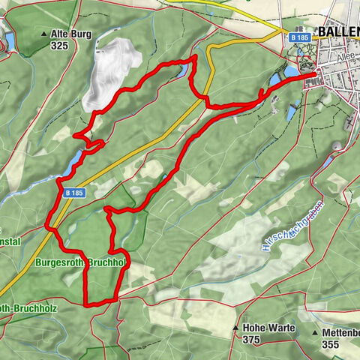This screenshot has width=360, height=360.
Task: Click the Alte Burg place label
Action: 73,34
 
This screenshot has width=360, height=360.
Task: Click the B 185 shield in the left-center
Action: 74,193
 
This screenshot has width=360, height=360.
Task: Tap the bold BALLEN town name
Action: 338,32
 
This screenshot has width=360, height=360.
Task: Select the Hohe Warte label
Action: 262,328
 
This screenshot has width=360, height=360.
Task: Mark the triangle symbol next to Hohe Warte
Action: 235,328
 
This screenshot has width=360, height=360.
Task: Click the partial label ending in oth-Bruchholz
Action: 30,307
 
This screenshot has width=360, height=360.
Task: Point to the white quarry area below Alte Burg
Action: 111,71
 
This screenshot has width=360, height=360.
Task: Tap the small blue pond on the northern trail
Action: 184,71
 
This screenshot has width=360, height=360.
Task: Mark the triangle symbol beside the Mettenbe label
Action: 314,331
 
